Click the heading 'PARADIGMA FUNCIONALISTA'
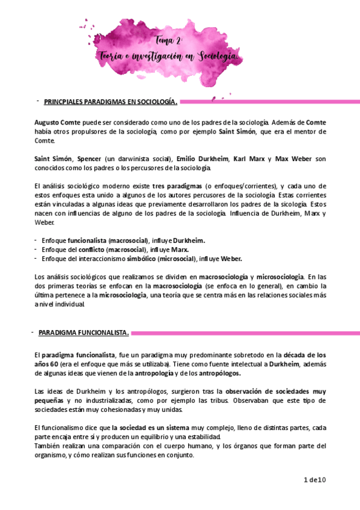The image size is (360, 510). click(x=84, y=332)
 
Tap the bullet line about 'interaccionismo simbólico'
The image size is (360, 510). click(x=142, y=259)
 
